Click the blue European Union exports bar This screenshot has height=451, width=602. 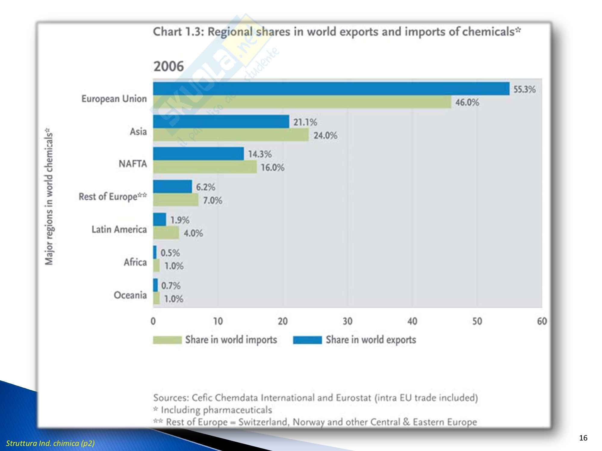[x=331, y=89]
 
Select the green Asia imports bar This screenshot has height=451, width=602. [x=231, y=135]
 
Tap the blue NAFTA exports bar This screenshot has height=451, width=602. [x=198, y=154]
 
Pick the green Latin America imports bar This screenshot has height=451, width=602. [x=166, y=233]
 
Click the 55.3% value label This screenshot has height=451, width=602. [x=524, y=89]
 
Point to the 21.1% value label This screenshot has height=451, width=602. [x=305, y=122]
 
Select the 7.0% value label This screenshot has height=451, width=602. [x=213, y=200]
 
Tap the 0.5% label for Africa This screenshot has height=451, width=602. [x=170, y=253]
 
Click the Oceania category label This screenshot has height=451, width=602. [x=130, y=295]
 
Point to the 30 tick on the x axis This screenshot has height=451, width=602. [x=347, y=321]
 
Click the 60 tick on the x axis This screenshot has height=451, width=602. [x=542, y=321]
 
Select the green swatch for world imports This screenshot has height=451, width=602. [x=167, y=340]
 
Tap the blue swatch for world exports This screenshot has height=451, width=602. [x=307, y=340]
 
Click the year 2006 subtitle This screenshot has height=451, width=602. [x=169, y=66]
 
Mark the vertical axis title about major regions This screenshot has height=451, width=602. [x=49, y=197]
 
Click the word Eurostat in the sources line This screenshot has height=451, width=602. [x=353, y=398]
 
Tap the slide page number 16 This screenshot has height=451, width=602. [x=583, y=438]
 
